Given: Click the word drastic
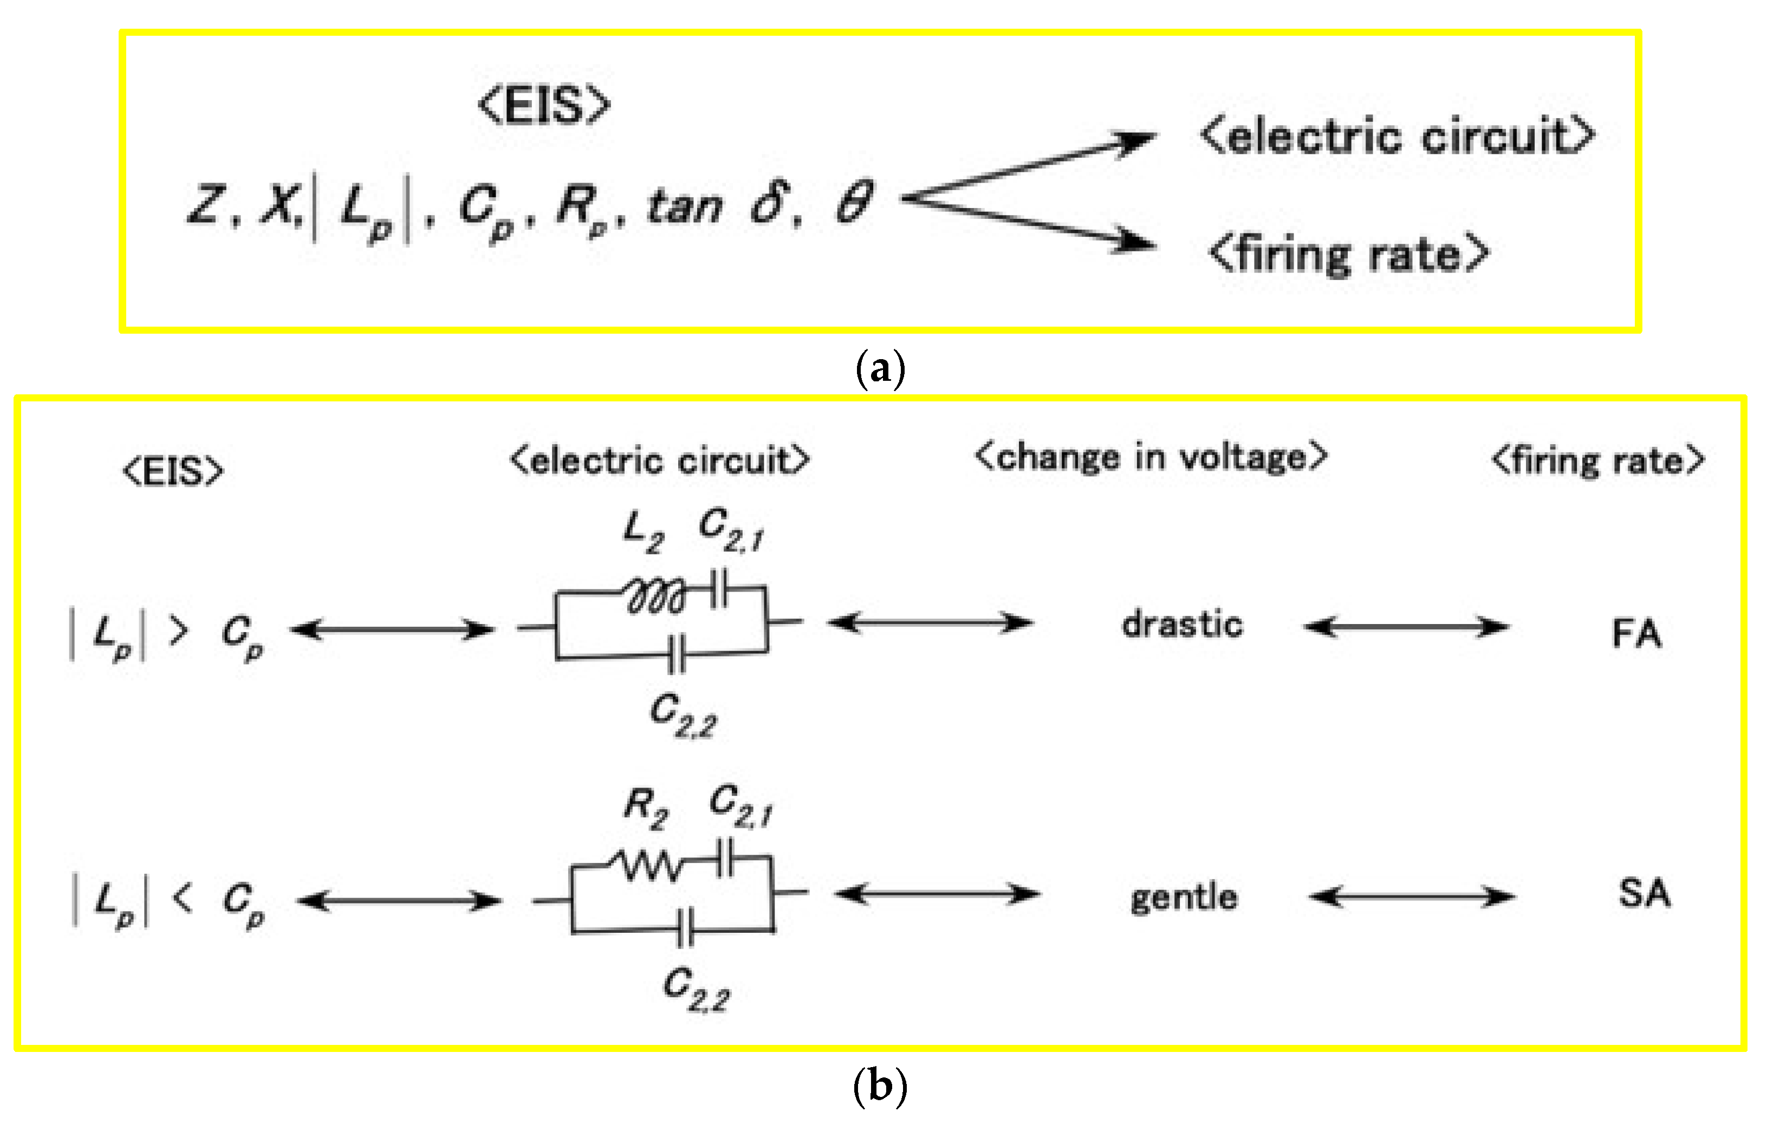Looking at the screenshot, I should (x=1182, y=625).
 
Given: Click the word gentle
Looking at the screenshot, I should (x=1184, y=897).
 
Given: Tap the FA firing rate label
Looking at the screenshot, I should (x=1636, y=633).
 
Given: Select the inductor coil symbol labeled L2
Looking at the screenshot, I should (x=656, y=596).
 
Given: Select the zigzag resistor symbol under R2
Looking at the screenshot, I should (x=650, y=866).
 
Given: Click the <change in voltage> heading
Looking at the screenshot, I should (x=1151, y=457).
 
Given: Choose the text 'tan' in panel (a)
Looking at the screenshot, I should (x=685, y=205).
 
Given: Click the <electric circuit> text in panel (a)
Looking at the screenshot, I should (x=1396, y=137).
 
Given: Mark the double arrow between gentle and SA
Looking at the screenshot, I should (x=1412, y=896).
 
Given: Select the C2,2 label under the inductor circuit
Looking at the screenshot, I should (x=683, y=716).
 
